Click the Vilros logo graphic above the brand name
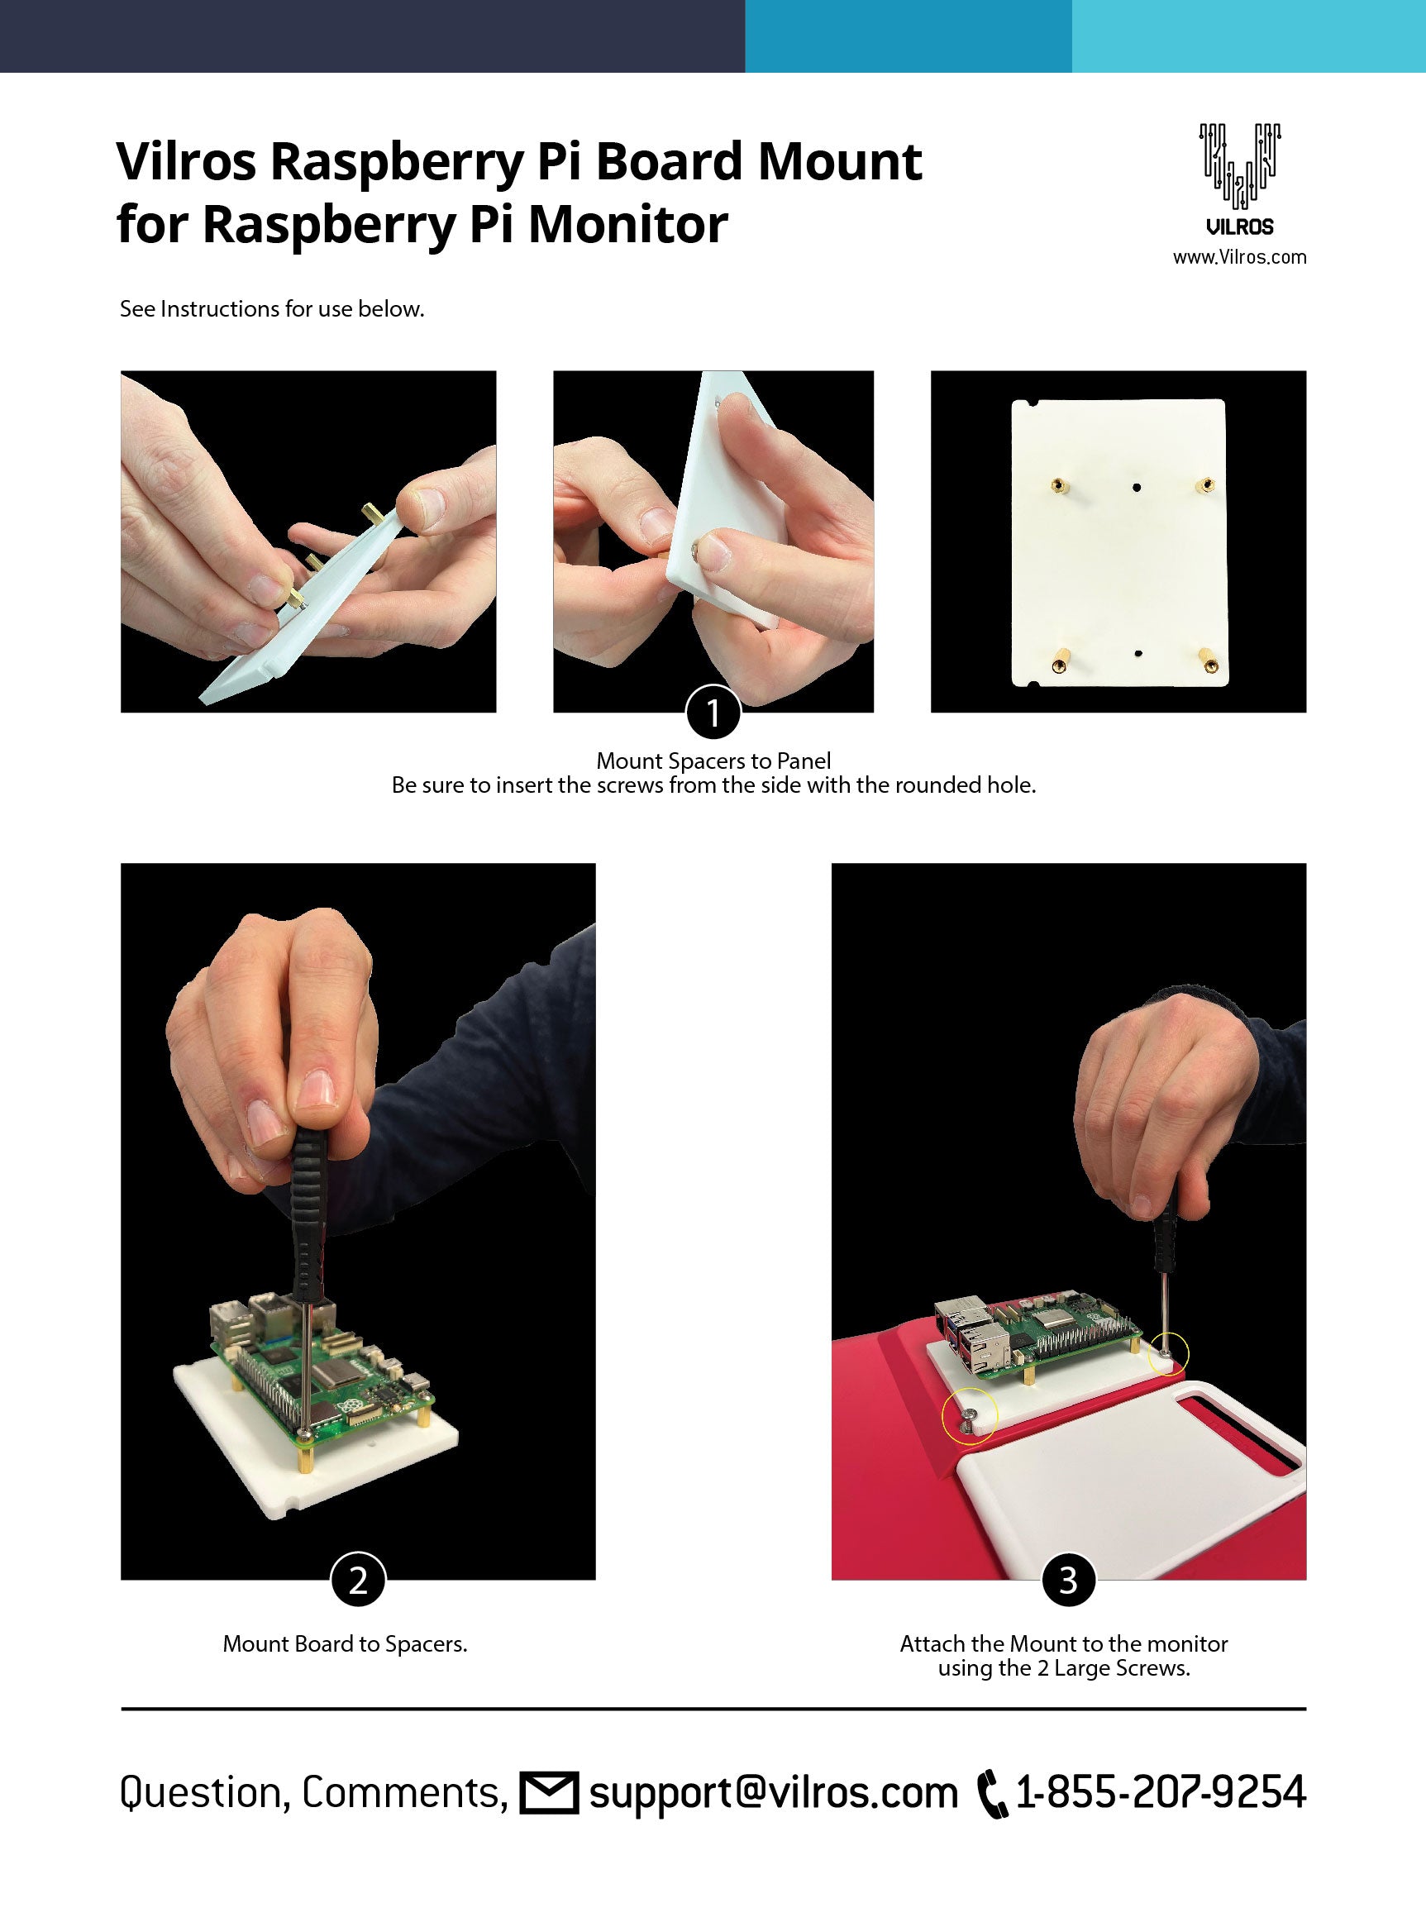click(1239, 165)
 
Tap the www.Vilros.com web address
click(1239, 257)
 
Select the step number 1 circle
click(713, 712)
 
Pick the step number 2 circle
click(358, 1580)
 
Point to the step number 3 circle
click(1069, 1580)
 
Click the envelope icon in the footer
click(548, 1791)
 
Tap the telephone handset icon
click(993, 1794)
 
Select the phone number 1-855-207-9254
click(1161, 1791)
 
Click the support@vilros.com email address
click(774, 1793)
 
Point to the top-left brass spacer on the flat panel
click(1055, 486)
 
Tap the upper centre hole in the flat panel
click(1137, 487)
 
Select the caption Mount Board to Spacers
click(346, 1643)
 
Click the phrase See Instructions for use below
click(272, 309)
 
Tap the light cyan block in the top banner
click(1249, 36)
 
